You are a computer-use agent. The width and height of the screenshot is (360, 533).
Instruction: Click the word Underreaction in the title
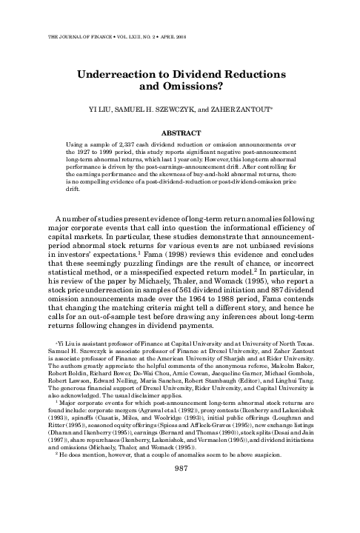coord(127,74)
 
